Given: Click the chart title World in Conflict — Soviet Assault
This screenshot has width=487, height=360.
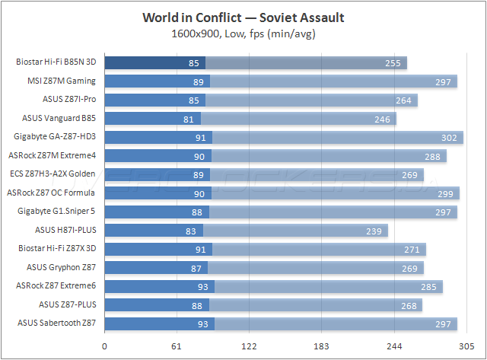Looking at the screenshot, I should [243, 18].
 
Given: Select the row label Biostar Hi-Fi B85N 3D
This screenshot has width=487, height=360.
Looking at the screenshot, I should [58, 62].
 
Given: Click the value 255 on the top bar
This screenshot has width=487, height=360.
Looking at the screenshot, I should [393, 63].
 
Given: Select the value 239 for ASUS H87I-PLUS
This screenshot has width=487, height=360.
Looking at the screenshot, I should [375, 231].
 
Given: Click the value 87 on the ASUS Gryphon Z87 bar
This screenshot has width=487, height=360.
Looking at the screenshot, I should [196, 268].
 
